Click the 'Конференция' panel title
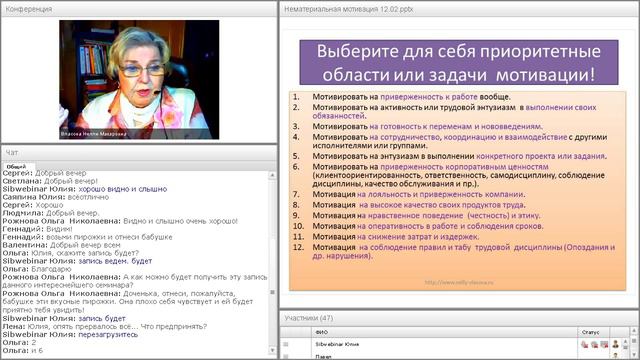pos(28,8)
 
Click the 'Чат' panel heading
pos(12,152)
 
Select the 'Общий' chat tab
pos(16,167)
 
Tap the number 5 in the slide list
pos(296,157)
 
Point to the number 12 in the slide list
pos(296,246)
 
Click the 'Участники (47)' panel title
pos(310,318)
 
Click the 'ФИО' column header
pos(320,332)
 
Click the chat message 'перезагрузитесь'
pos(103,334)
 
